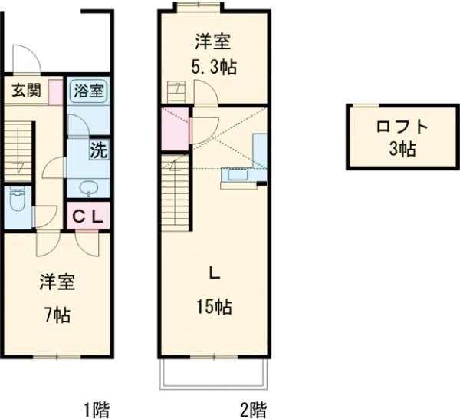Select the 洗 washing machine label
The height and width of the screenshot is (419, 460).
[98, 150]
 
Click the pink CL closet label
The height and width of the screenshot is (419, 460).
[87, 216]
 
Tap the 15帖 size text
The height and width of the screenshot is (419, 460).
[214, 306]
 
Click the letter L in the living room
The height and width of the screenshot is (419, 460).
[214, 270]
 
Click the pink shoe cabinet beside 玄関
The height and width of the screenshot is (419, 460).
[55, 91]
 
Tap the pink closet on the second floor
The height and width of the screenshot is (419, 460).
[174, 128]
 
